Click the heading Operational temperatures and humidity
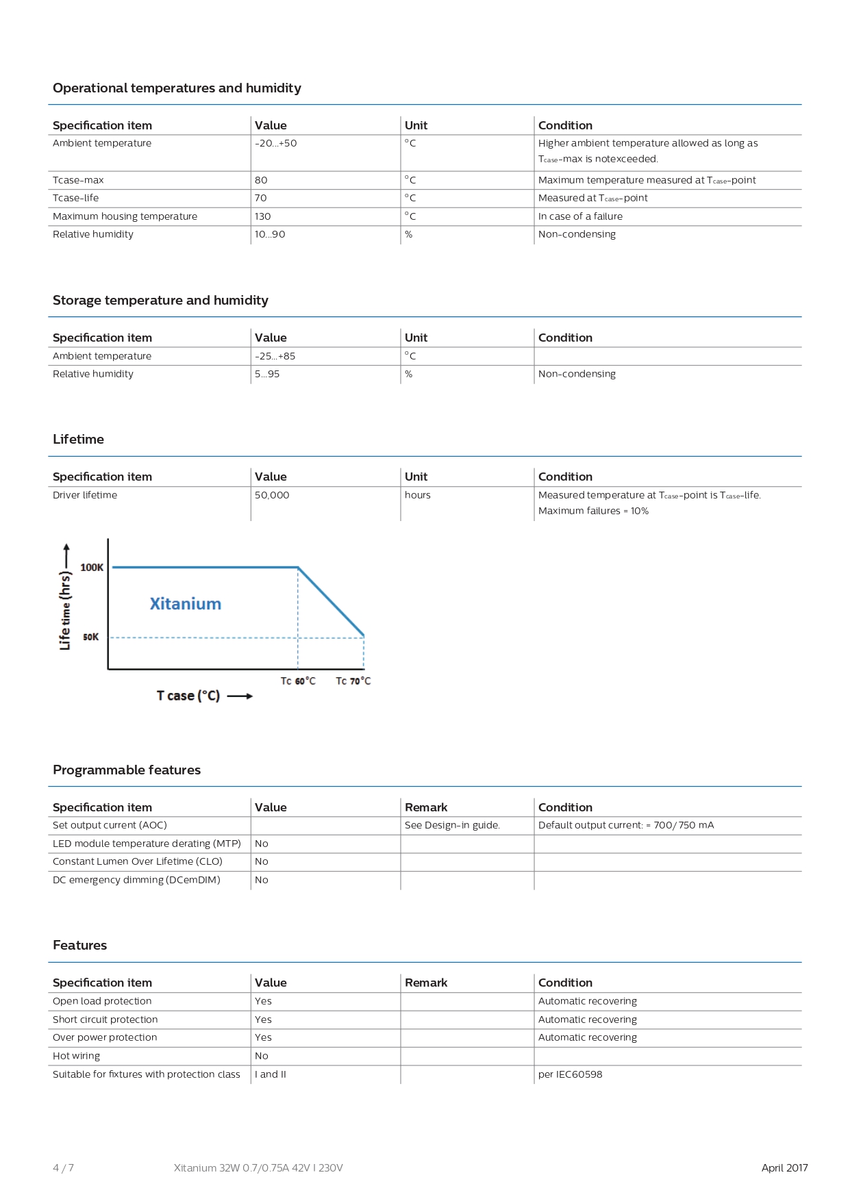[177, 88]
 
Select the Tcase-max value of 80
[261, 180]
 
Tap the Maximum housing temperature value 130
[263, 216]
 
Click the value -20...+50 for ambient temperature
[276, 143]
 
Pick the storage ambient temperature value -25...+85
[275, 356]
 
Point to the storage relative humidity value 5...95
[267, 374]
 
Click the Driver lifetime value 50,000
[272, 495]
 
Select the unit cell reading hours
[418, 495]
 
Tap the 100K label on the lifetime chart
[92, 568]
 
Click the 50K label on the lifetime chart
[91, 637]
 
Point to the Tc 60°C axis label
[298, 681]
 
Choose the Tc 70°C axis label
[353, 681]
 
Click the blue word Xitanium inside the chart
[186, 604]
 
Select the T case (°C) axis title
[188, 696]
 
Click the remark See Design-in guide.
[452, 825]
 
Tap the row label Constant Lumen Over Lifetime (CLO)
[138, 861]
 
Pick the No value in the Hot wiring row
[262, 1056]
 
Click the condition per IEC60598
[571, 1074]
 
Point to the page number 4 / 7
[63, 1168]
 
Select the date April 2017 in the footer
[784, 1168]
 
